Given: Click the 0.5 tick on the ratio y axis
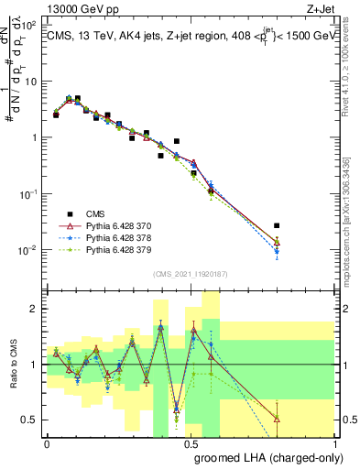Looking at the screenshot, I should [31, 420].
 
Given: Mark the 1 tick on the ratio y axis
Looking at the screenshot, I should [35, 365].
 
